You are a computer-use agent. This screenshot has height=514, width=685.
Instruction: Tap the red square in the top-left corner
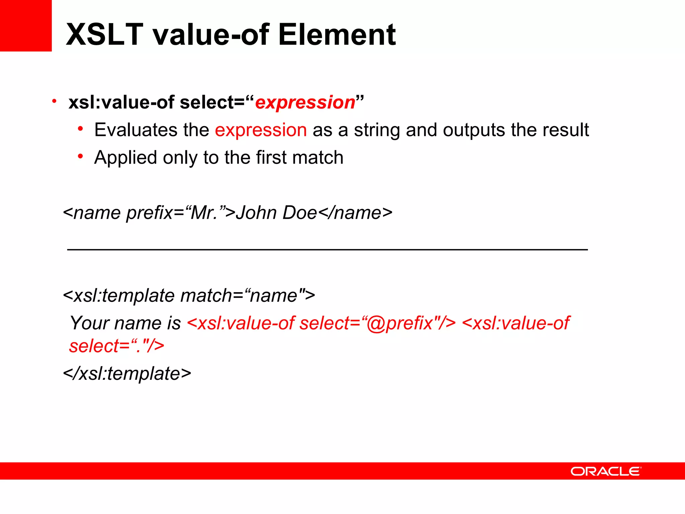[25, 25]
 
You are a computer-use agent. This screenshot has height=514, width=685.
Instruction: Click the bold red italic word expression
[305, 102]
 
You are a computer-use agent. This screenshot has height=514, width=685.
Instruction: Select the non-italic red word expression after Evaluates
[261, 130]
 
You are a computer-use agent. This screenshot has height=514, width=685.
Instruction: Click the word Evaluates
[136, 130]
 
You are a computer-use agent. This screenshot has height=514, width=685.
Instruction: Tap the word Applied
[125, 158]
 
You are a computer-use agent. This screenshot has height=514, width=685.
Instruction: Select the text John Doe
[276, 212]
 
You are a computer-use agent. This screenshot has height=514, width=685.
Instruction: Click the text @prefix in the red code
[400, 323]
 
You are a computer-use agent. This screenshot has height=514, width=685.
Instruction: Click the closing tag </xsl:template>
[127, 373]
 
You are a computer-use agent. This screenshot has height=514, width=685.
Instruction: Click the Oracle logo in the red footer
[606, 471]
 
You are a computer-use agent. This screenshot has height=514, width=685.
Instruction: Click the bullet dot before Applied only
[80, 156]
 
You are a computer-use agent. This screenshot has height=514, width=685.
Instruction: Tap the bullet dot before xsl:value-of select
[54, 101]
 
